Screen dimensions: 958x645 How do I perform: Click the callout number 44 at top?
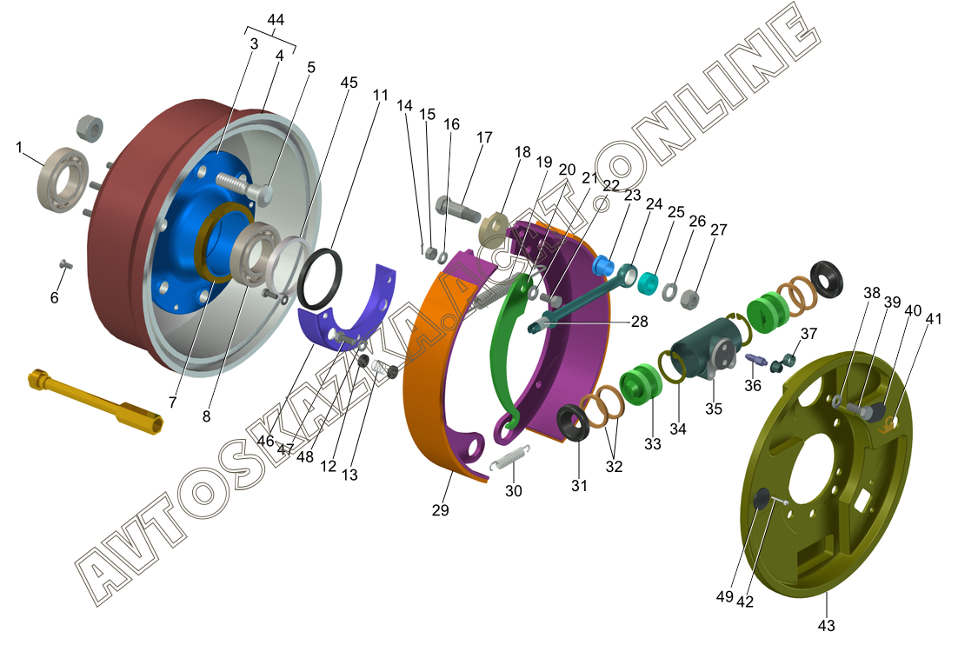coord(276,19)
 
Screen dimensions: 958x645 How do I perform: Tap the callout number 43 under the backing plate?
coord(826,626)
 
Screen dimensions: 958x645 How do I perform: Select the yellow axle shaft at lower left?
coord(96,402)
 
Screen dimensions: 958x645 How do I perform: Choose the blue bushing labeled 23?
coord(603,266)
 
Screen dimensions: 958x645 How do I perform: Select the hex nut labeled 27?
coord(689,298)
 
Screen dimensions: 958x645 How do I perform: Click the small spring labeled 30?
coord(510,457)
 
